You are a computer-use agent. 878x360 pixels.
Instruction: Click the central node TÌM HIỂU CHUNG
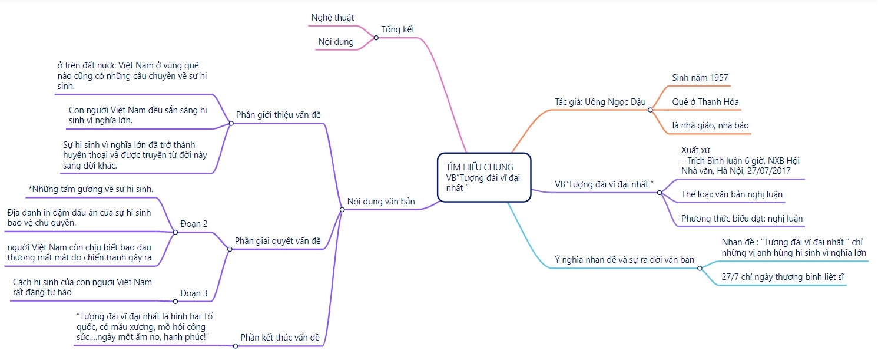coord(479,167)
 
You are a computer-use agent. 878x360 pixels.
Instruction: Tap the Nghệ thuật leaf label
coord(332,18)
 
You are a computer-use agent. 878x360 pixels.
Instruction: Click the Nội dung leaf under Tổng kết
coord(336,42)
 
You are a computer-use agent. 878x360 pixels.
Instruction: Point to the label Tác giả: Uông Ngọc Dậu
coord(600,102)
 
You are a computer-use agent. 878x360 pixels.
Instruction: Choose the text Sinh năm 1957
coord(700,78)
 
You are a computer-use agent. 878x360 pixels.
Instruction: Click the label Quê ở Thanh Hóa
coord(705,101)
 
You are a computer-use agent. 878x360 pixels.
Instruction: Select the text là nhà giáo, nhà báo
coord(710,125)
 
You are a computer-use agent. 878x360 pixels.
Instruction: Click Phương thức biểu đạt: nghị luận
coord(741,219)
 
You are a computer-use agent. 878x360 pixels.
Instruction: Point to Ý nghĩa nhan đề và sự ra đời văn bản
coord(624,259)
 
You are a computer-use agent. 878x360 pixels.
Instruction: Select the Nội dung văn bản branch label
coord(381,201)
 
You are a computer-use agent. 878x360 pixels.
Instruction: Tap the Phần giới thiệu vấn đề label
coord(278,114)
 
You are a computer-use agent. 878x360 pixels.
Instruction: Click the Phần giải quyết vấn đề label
coord(277,240)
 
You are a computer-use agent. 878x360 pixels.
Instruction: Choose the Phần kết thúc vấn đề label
coord(280,338)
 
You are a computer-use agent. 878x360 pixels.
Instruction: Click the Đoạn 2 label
coord(194,223)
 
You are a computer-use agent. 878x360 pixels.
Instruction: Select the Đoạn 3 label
coord(194,293)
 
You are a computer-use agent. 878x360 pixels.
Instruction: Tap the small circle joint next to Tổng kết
coord(376,38)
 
